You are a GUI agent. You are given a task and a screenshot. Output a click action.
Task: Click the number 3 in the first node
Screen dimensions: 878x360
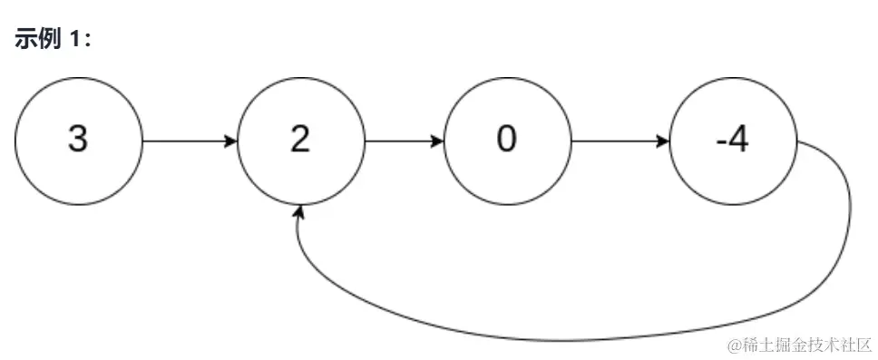point(78,141)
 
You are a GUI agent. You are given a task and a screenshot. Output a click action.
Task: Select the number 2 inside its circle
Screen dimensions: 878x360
point(300,141)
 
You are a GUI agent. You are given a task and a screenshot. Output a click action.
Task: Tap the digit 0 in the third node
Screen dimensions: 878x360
point(508,141)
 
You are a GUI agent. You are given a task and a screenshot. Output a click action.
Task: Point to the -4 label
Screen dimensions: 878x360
point(732,141)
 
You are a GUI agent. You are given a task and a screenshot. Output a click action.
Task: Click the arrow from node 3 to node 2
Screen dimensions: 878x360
point(189,142)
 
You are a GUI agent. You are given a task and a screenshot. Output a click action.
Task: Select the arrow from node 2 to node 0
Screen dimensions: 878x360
point(404,142)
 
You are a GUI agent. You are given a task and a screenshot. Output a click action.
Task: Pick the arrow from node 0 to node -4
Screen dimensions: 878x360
point(620,142)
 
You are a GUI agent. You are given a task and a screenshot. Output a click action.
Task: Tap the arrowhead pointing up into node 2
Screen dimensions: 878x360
point(299,212)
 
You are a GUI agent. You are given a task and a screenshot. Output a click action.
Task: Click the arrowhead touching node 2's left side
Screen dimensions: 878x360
point(231,142)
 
